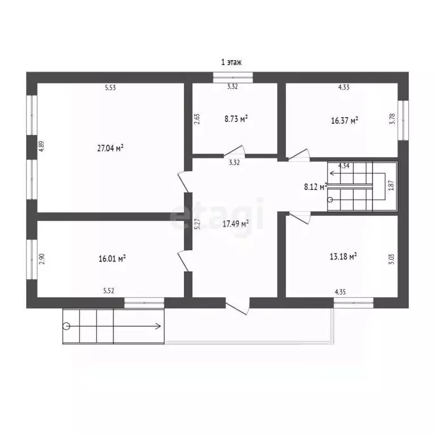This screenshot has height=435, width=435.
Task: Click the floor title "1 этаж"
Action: click(x=231, y=62)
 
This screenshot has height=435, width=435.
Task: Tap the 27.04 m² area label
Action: click(x=110, y=148)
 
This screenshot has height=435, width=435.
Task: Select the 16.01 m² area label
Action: click(x=112, y=258)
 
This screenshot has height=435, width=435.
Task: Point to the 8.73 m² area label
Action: click(x=236, y=119)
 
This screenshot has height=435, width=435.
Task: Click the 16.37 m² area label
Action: click(x=344, y=121)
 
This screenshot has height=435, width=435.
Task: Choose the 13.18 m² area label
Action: click(x=343, y=257)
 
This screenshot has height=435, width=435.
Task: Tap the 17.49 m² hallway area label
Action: click(x=235, y=224)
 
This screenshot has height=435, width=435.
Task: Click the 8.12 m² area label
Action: click(x=315, y=187)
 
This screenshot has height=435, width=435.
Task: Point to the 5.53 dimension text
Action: click(x=110, y=88)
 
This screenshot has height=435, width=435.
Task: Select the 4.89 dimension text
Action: click(x=41, y=146)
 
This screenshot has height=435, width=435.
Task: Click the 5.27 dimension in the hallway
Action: click(x=197, y=224)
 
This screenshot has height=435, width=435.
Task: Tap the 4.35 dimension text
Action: click(x=340, y=292)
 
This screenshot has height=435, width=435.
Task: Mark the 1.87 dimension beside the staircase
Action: click(x=391, y=185)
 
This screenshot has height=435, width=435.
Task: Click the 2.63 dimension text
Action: click(x=197, y=119)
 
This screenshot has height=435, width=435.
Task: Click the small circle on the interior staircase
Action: click(x=330, y=199)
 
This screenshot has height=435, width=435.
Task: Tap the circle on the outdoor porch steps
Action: click(x=66, y=326)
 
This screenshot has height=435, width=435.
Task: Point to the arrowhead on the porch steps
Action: click(x=159, y=326)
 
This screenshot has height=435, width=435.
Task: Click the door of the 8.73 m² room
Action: click(x=234, y=151)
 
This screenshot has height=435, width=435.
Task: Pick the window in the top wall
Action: click(x=233, y=78)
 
